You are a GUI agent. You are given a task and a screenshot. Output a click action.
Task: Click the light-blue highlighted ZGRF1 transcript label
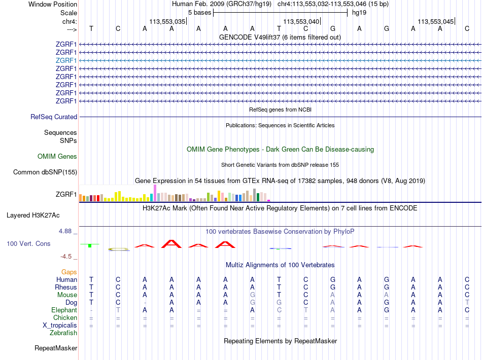pos(66,60)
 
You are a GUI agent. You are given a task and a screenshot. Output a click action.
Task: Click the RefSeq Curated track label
pos(54,117)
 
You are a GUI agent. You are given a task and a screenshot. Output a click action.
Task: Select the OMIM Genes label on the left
pos(57,157)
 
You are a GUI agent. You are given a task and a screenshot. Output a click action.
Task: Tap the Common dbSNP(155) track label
pos(45,172)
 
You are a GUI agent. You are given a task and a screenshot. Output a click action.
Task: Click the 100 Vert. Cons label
pos(28,244)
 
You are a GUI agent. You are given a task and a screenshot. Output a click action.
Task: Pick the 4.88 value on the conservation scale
pos(66,231)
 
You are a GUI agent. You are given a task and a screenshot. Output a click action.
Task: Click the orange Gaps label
pos(69,272)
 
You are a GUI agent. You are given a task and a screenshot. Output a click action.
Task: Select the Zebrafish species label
pos(63,333)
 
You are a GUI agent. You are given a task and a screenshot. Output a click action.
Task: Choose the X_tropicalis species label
pos(60,326)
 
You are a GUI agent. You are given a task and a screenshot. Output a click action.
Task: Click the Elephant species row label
pos(64,310)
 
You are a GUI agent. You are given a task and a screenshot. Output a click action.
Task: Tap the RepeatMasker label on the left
pos(56,348)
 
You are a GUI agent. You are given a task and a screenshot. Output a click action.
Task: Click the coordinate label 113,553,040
pos(301,22)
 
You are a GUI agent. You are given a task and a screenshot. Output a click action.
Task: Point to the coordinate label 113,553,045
pos(436,22)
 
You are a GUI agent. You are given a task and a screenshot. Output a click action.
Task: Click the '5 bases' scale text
pos(200,13)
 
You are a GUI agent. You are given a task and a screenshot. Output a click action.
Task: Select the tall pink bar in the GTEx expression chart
pos(155,193)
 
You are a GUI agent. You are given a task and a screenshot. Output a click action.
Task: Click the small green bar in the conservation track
pos(89,246)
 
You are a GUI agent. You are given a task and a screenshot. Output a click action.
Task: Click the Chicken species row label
pos(65,318)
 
